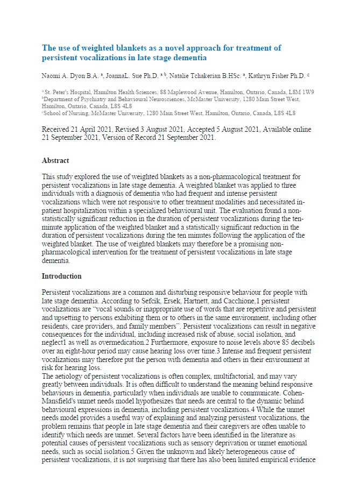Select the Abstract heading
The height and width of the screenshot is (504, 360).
pyautogui.click(x=55, y=160)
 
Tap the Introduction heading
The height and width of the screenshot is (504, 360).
pyautogui.click(x=61, y=276)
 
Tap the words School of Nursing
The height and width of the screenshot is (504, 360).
pyautogui.click(x=63, y=113)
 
